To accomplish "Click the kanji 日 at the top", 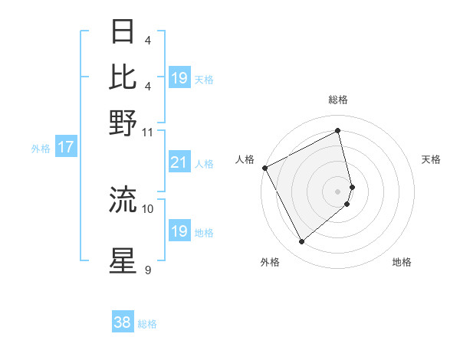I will tap(123, 32).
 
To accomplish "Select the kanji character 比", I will tap(123, 77).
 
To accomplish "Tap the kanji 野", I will tap(123, 123).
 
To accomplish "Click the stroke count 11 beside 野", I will tap(147, 132).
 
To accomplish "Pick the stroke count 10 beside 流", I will tap(148, 208).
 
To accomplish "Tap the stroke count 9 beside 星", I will tap(147, 270).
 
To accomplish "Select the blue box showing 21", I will tap(179, 162).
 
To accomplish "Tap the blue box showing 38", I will tap(123, 322).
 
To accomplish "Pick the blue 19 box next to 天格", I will tap(179, 78).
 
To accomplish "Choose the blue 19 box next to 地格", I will tap(179, 231).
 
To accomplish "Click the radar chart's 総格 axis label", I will tap(338, 100).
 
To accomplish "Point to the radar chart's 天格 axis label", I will tap(432, 159).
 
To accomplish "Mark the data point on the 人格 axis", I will tap(264, 167).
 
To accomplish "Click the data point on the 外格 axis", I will tap(301, 242).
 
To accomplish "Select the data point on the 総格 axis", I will tap(338, 130).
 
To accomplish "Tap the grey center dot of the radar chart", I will tap(338, 191).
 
